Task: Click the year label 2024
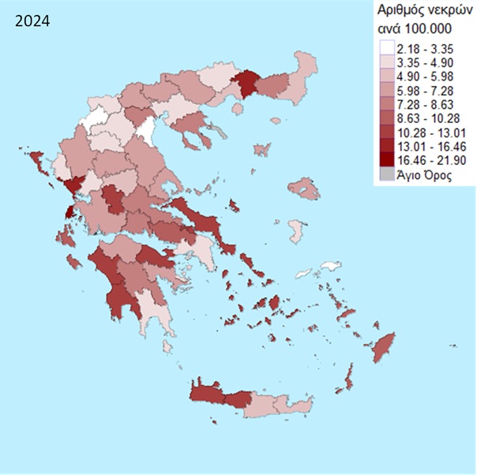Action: (x=32, y=21)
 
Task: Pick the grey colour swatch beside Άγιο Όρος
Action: (x=386, y=174)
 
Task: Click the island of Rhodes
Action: (x=384, y=345)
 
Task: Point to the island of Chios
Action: (x=296, y=232)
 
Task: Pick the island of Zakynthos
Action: (x=73, y=261)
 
